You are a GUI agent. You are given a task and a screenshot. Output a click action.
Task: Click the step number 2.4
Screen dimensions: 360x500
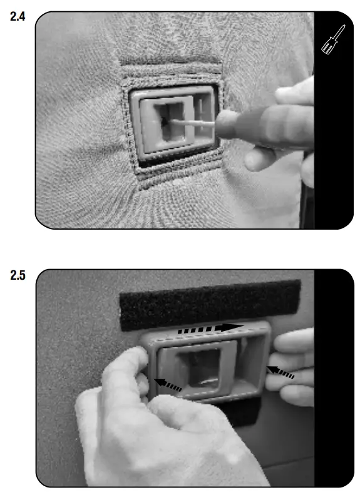(18, 16)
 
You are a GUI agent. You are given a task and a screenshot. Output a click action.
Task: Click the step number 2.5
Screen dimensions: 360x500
(18, 275)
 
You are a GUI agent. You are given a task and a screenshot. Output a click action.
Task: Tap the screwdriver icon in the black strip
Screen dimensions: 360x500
(333, 39)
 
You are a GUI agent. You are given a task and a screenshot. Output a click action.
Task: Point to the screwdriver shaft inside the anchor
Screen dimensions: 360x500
(192, 123)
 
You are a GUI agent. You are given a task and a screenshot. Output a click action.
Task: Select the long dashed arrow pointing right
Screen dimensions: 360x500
(210, 329)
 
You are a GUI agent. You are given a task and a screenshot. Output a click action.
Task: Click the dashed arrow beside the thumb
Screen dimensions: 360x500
(168, 385)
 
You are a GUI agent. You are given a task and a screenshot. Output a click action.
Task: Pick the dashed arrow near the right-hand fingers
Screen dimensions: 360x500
(280, 372)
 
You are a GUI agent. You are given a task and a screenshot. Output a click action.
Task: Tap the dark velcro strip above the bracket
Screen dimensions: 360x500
(210, 305)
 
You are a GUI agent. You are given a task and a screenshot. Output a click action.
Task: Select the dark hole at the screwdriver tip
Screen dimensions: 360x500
(165, 121)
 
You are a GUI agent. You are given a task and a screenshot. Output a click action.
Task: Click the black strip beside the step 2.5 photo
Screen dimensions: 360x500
(334, 378)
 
